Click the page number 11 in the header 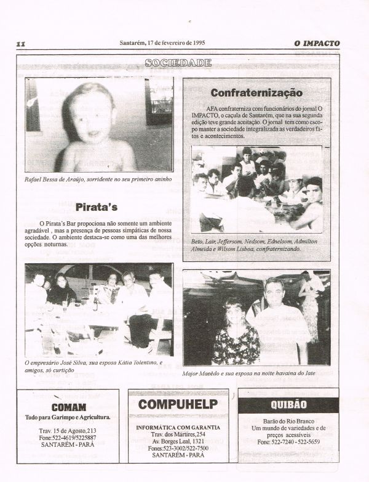tap(21, 44)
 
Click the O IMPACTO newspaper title tap(317, 43)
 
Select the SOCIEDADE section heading tap(178, 62)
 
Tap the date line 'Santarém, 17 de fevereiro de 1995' tap(162, 43)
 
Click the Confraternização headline tap(256, 92)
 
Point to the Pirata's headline tap(97, 207)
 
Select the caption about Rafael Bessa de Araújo tap(97, 179)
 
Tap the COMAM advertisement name tap(68, 407)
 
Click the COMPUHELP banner tap(178, 404)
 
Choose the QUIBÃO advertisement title tap(288, 405)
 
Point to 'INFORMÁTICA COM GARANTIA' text tap(178, 427)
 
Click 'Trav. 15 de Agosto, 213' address tap(68, 430)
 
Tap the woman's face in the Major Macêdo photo tap(235, 311)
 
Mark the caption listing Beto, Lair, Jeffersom tap(253, 245)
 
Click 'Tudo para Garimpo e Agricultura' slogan tap(68, 417)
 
